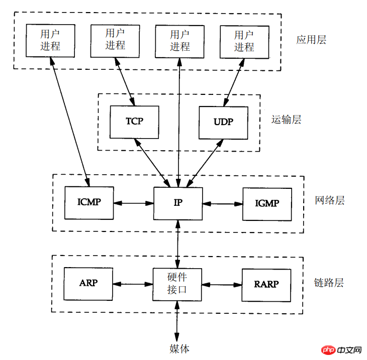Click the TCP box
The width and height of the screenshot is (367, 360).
tap(134, 122)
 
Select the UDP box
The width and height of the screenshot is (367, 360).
tap(224, 122)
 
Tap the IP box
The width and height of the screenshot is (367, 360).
tap(178, 203)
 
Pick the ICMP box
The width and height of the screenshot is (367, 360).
tap(89, 203)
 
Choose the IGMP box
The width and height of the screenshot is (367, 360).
tap(267, 203)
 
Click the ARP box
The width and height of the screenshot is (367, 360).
tap(88, 283)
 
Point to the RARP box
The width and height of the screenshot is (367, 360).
tap(266, 284)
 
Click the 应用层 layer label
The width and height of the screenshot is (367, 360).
tap(311, 40)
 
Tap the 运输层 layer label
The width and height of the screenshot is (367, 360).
tap(286, 119)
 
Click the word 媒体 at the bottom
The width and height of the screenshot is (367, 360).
tap(179, 348)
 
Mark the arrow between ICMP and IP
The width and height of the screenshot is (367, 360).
tap(134, 203)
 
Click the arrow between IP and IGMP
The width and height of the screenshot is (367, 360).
tap(223, 203)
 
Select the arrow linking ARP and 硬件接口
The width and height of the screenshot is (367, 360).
tap(132, 283)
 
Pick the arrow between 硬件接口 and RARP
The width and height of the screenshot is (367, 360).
tap(222, 284)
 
